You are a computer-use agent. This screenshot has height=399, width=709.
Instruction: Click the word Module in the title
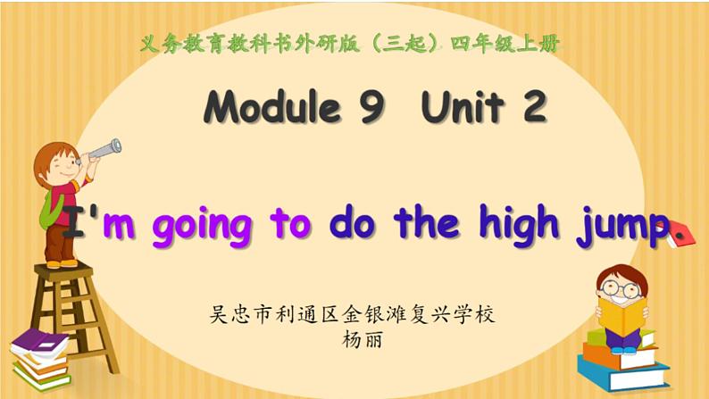point(272,108)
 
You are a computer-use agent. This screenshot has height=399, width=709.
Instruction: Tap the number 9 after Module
point(371,108)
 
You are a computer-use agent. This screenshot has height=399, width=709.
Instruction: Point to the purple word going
point(202,226)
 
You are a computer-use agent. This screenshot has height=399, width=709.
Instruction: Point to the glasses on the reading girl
point(620,288)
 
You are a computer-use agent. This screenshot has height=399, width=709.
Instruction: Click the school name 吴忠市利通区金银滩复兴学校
point(351,315)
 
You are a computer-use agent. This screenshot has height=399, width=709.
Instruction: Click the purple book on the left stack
point(40,342)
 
